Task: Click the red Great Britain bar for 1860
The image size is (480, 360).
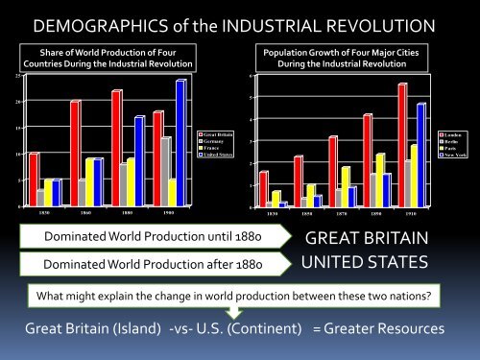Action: coord(74,153)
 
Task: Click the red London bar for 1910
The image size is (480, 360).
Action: coord(402,144)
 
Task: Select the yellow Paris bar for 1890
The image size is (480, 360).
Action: coord(380,180)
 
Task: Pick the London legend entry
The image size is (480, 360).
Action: coord(453,134)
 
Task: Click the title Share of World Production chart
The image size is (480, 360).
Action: coord(111,57)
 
